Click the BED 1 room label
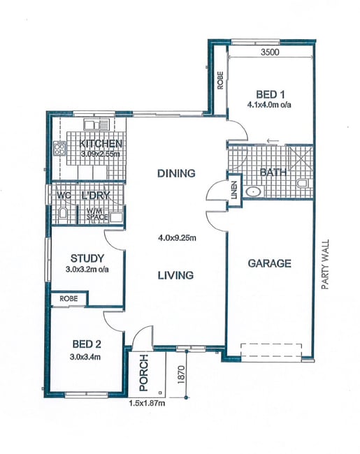pyautogui.click(x=270, y=95)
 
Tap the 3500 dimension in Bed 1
pyautogui.click(x=270, y=52)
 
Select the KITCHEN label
pyautogui.click(x=101, y=144)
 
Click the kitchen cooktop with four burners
pyautogui.click(x=59, y=149)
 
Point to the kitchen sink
pyautogui.click(x=96, y=124)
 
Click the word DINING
pyautogui.click(x=176, y=173)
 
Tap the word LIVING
pyautogui.click(x=175, y=275)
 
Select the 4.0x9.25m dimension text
pyautogui.click(x=177, y=238)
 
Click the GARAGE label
pyautogui.click(x=270, y=263)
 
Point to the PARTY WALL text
pyautogui.click(x=326, y=264)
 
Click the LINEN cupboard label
pyautogui.click(x=234, y=190)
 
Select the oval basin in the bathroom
pyautogui.click(x=254, y=191)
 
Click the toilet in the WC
pyautogui.click(x=63, y=214)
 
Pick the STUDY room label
pyautogui.click(x=87, y=258)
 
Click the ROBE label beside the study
pyautogui.click(x=69, y=298)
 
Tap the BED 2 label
pyautogui.click(x=87, y=344)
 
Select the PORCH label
pyautogui.click(x=143, y=373)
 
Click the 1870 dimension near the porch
pyautogui.click(x=181, y=374)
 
